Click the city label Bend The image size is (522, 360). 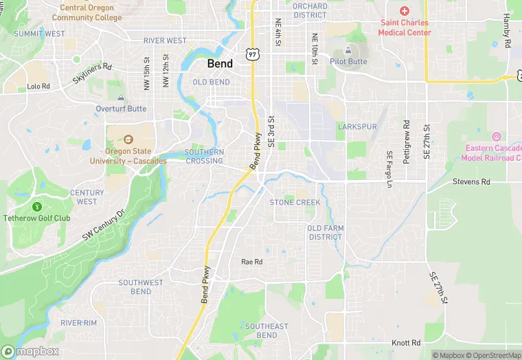(220, 63)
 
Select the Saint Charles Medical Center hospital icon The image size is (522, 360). (405, 11)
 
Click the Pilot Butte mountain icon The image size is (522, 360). (349, 49)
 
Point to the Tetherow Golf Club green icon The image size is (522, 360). (37, 206)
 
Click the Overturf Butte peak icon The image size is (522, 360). (121, 98)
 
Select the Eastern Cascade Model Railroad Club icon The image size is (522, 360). (497, 136)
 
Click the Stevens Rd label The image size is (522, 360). (471, 182)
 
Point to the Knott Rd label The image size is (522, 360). (406, 342)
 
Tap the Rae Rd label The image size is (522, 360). (252, 262)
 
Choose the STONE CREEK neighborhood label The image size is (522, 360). (295, 203)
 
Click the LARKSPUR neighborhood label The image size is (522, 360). (357, 127)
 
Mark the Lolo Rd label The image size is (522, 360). (38, 87)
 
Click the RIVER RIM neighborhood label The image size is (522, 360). (79, 322)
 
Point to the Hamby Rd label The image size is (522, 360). (506, 30)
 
